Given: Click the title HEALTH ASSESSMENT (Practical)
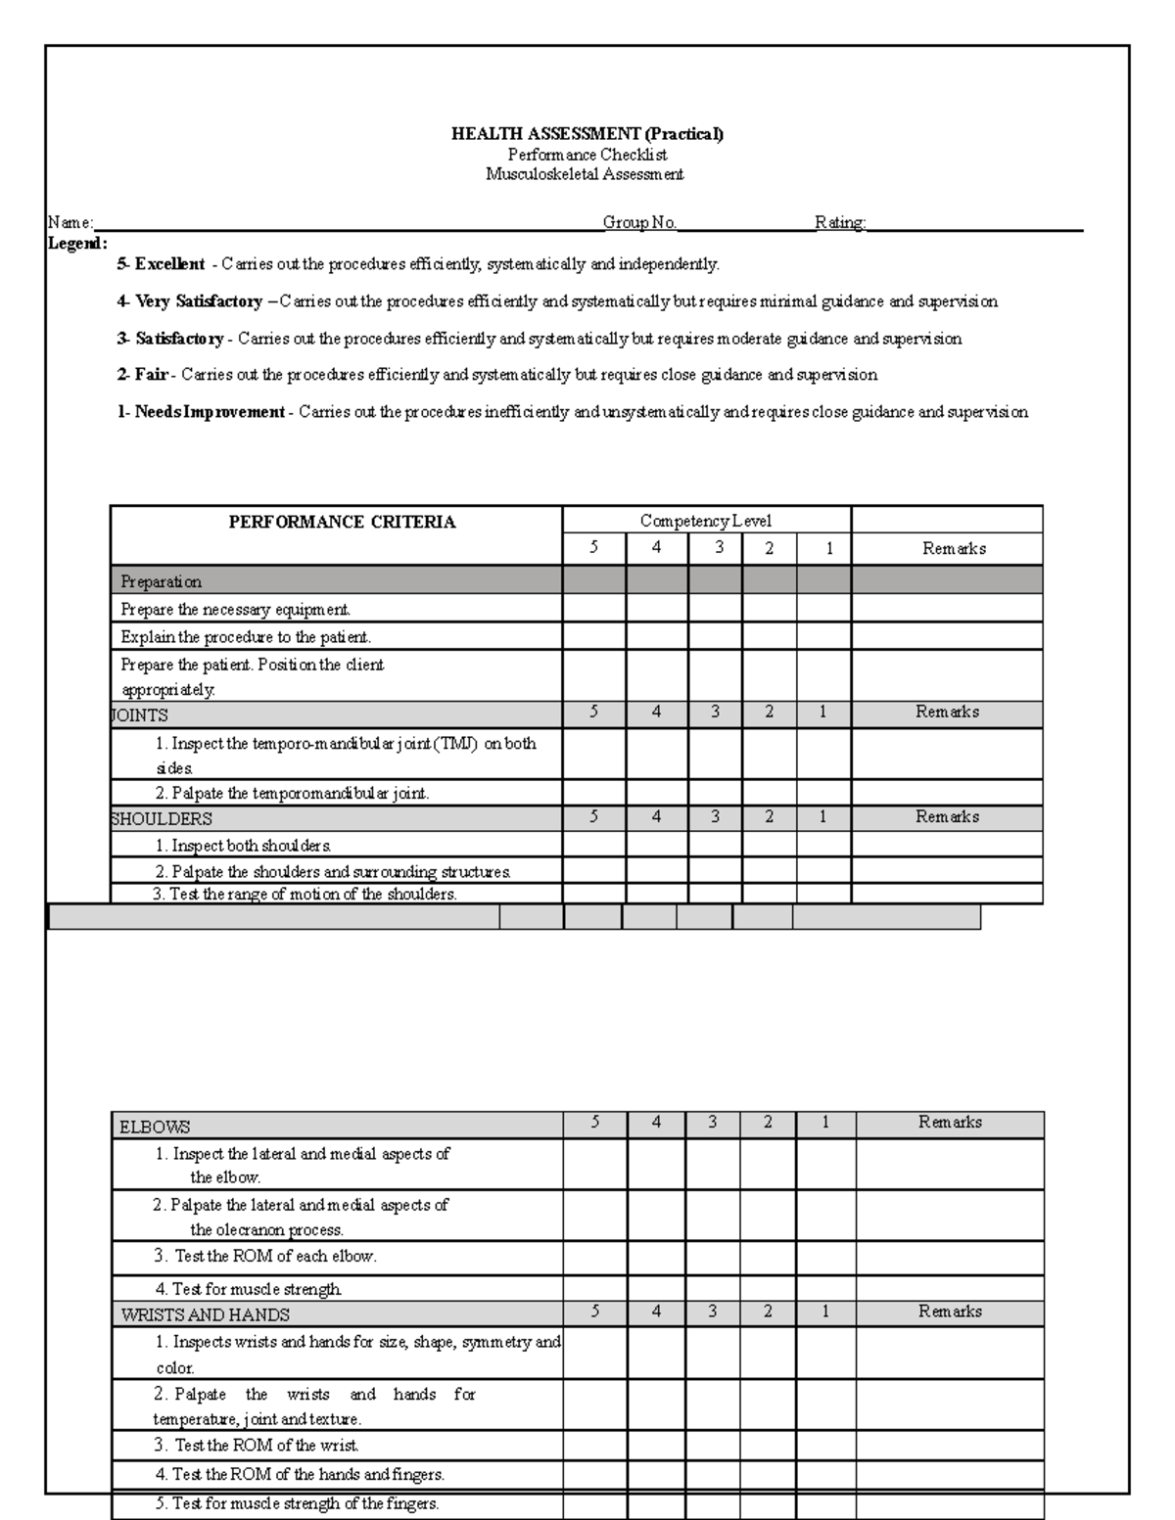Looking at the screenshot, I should [x=587, y=134].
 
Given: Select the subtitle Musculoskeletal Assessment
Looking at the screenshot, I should [x=585, y=175].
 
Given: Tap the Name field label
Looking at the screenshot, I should [x=70, y=223].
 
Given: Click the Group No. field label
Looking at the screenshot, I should [x=639, y=223].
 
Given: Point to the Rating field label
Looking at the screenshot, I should [x=840, y=223].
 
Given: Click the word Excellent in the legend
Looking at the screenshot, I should [x=169, y=264].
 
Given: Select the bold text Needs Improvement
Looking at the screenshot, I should [x=210, y=412].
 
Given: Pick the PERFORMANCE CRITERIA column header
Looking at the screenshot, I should [x=342, y=523].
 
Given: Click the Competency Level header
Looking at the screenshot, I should [x=705, y=522].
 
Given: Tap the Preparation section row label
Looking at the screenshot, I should [x=161, y=581].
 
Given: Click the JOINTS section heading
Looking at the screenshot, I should [x=139, y=715].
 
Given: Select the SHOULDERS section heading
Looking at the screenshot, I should [x=162, y=818].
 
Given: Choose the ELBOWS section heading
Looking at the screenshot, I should [x=155, y=1127].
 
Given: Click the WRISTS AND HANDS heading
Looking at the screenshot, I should [x=205, y=1314].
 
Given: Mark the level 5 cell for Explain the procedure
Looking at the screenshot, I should [x=593, y=636].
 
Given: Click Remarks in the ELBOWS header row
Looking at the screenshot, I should [x=950, y=1123].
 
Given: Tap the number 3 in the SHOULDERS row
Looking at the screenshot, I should [x=715, y=816].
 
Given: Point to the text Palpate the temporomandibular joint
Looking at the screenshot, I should [x=292, y=793].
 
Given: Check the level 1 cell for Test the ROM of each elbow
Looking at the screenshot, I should [x=825, y=1256].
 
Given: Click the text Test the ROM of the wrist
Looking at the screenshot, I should [x=257, y=1445].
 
